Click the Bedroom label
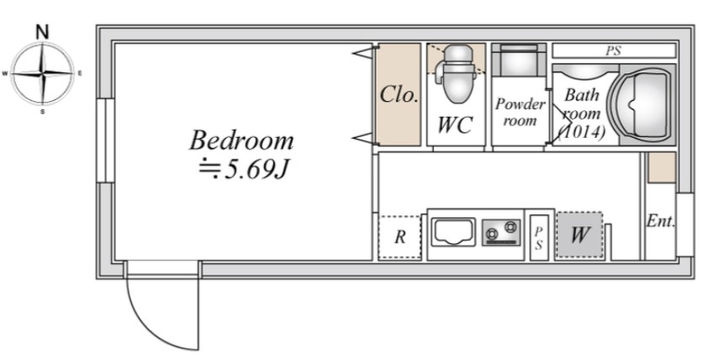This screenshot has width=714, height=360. [x=241, y=140]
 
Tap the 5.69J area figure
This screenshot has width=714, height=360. [x=257, y=170]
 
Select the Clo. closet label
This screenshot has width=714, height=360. [x=399, y=95]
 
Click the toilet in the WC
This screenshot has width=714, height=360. [x=457, y=73]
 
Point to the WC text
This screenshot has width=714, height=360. [x=455, y=124]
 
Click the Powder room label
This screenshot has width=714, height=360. [x=520, y=112]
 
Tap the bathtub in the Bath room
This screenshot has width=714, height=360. [x=642, y=104]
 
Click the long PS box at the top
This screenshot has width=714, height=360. [x=613, y=50]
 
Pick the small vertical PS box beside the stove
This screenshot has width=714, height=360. [x=539, y=238]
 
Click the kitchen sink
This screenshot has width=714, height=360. [x=453, y=232]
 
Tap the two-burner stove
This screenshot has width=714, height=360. [x=501, y=232]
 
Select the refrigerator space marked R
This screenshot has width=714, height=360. [x=399, y=237]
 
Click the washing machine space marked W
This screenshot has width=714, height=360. [x=579, y=235]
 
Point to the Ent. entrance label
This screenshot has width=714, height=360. [x=660, y=221]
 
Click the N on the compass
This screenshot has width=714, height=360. [x=42, y=32]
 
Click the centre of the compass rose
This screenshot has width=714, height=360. [x=42, y=73]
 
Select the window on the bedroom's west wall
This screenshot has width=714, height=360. [x=105, y=140]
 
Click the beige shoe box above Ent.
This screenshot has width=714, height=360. [x=661, y=167]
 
